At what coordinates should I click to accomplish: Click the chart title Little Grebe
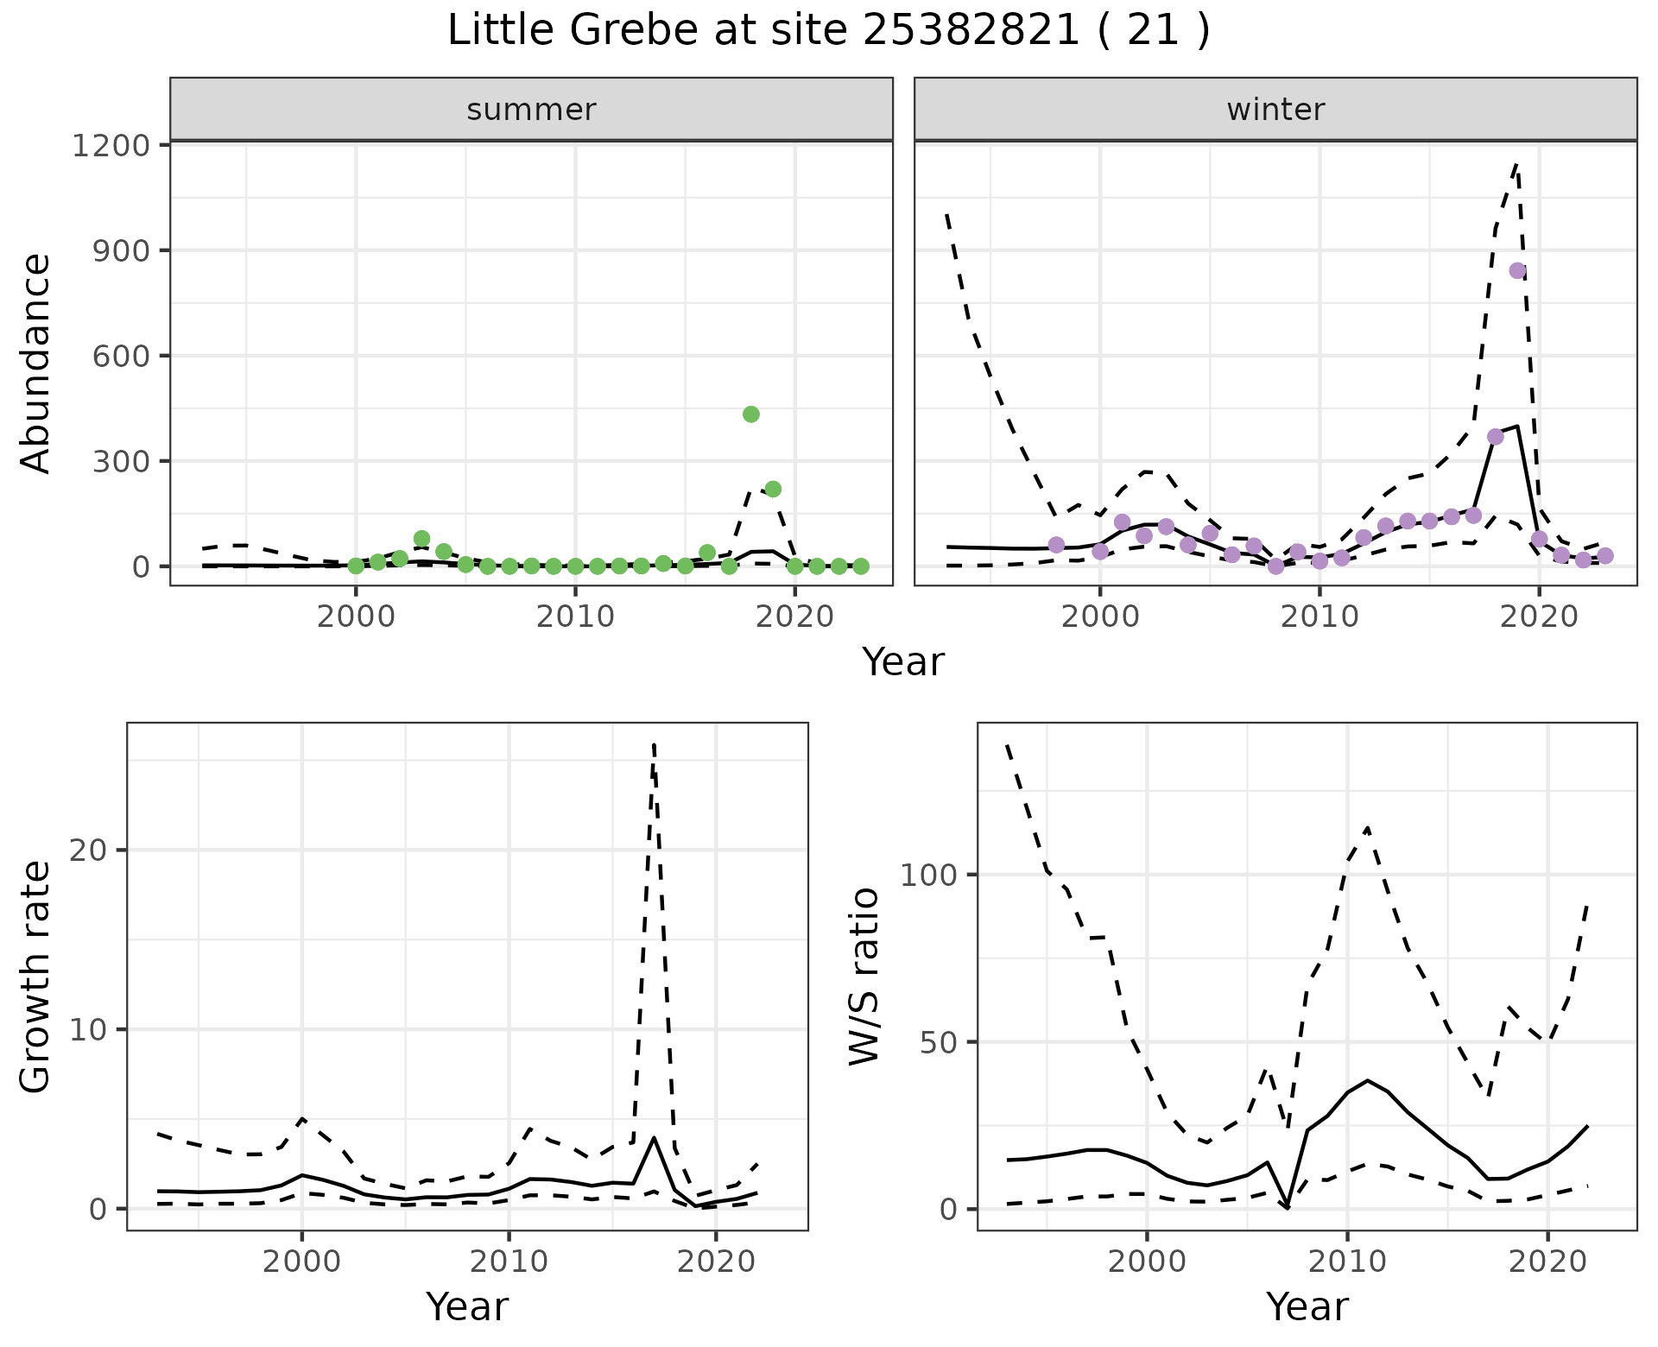tap(828, 31)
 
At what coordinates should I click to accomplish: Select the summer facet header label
tap(531, 110)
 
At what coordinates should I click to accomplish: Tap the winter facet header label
tap(1275, 110)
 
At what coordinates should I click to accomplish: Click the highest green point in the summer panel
tap(751, 414)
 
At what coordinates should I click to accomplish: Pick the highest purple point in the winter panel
tap(1518, 271)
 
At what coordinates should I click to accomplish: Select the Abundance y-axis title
tap(36, 363)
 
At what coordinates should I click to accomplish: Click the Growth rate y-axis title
tap(36, 977)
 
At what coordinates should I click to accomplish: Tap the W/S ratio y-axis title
tap(864, 977)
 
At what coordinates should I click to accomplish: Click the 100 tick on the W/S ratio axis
tap(928, 875)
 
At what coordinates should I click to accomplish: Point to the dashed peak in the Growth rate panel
tap(655, 744)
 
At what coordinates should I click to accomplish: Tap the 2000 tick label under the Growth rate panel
tap(301, 1262)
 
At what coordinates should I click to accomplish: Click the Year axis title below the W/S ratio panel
tap(1307, 1306)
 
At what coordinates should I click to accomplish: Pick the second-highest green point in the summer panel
tap(773, 489)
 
